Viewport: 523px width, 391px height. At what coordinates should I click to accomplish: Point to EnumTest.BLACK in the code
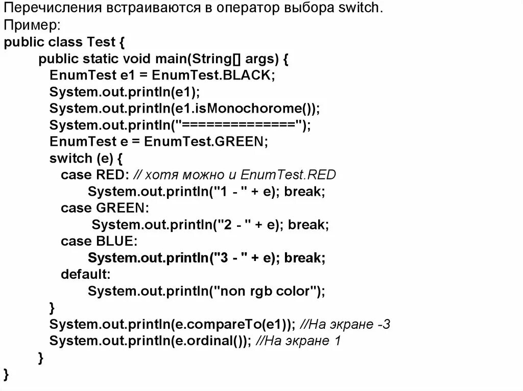(213, 75)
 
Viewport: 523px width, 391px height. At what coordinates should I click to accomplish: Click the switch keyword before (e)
(68, 158)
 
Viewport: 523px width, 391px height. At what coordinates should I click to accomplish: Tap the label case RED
(92, 175)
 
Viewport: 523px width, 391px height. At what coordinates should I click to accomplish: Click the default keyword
(85, 274)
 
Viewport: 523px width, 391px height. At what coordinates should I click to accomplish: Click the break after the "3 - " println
(304, 258)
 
